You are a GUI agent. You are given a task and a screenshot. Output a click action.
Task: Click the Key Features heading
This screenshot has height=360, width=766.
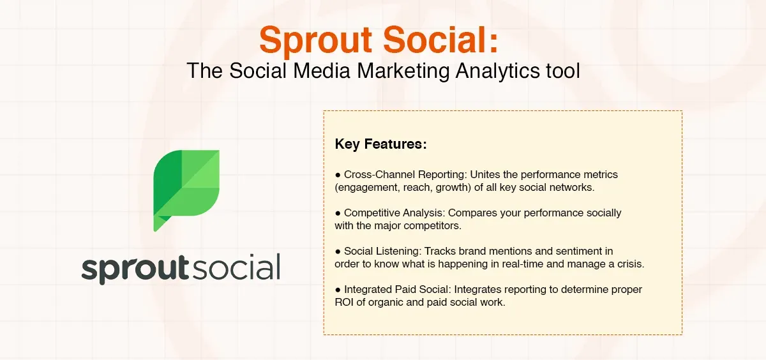(x=380, y=144)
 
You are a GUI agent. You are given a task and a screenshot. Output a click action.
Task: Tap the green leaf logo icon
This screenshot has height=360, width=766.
(x=187, y=185)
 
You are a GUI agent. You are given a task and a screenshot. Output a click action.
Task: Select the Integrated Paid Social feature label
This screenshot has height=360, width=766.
(x=397, y=290)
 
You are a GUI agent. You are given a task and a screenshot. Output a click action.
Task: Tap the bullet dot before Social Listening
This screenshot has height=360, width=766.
(x=338, y=251)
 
